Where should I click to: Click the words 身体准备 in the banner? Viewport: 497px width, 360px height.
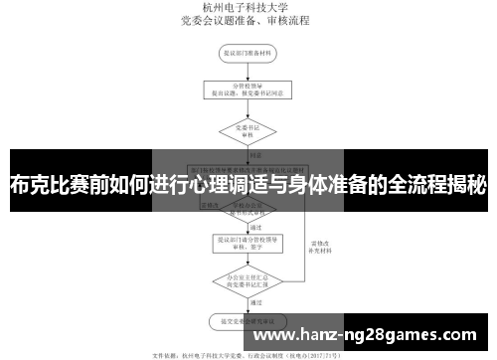(334, 185)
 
